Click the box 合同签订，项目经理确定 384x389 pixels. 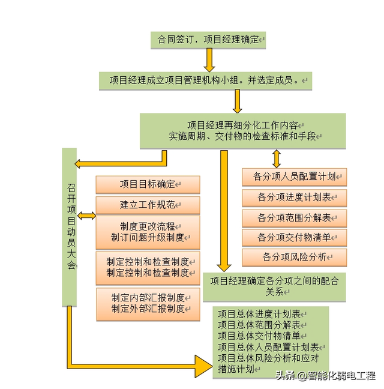click(208, 40)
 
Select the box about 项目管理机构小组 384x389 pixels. click(206, 81)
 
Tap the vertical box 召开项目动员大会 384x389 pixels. click(70, 228)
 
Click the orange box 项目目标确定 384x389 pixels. click(148, 184)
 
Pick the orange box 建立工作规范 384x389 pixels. click(148, 205)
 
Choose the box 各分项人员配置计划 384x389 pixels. click(294, 177)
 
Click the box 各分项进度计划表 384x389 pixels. click(294, 198)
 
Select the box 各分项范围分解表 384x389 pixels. click(294, 219)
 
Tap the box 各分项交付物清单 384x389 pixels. click(294, 238)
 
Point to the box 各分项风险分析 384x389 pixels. click(294, 258)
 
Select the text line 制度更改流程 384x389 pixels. click(148, 226)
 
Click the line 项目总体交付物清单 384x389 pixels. click(259, 336)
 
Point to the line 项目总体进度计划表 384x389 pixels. click(259, 315)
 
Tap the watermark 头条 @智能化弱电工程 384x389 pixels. click(326, 376)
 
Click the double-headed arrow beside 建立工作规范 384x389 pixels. click(86, 216)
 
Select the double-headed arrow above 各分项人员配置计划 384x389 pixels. click(277, 158)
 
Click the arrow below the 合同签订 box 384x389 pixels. click(209, 60)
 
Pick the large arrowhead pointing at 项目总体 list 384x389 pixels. click(203, 366)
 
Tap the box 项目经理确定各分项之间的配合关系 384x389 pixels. click(274, 287)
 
